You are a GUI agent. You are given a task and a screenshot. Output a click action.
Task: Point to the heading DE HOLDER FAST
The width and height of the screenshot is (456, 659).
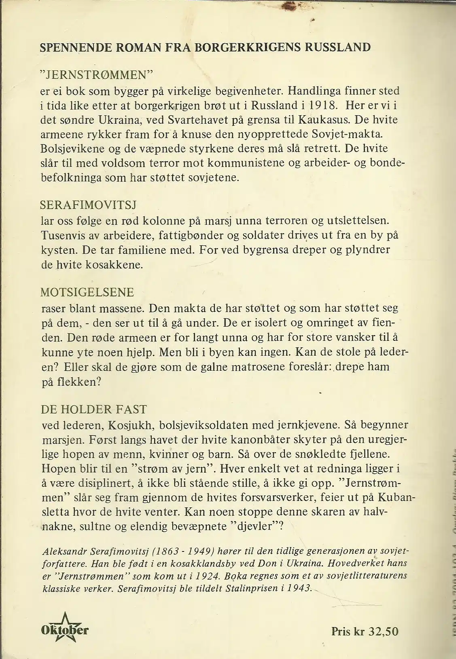point(93,409)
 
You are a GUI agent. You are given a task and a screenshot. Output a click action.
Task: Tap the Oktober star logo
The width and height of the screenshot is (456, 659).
point(65,629)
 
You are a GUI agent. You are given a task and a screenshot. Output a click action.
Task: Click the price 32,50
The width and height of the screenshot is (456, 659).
point(383,631)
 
